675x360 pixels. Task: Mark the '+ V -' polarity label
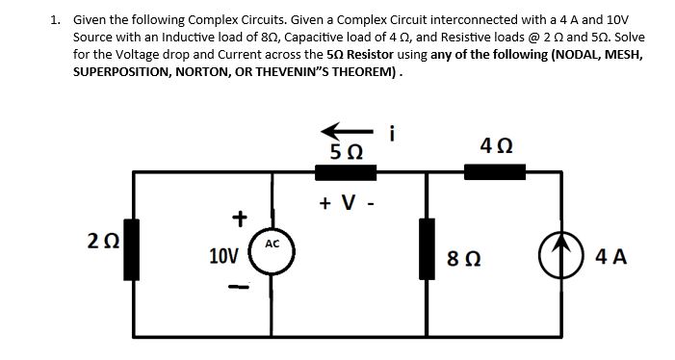point(344,203)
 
